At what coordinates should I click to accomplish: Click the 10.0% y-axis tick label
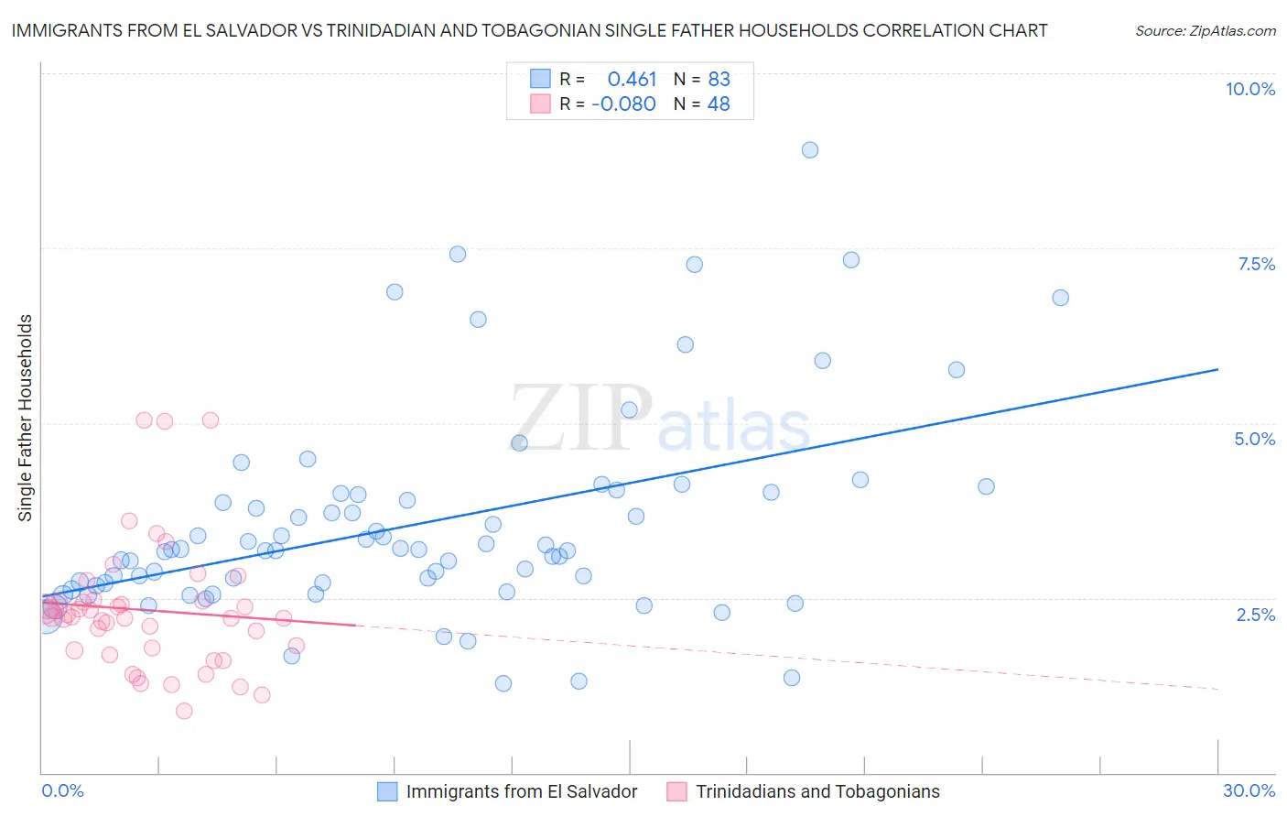coord(1249,89)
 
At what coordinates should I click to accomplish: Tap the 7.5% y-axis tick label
coord(1256,264)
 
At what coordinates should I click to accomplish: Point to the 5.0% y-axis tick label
coord(1254,439)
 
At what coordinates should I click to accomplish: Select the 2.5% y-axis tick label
coord(1255,615)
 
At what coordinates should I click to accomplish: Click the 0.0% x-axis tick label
coord(62,790)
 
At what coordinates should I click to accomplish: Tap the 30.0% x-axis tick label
coord(1249,790)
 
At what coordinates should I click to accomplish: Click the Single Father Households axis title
coord(26,418)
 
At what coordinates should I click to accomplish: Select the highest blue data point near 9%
coord(810,150)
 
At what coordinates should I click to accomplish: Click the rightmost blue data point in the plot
coord(1060,298)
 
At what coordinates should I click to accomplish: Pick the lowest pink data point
coord(184,711)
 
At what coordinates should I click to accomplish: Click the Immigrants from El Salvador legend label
coord(522,791)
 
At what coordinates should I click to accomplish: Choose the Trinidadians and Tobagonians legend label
coord(817,791)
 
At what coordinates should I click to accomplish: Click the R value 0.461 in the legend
coord(632,80)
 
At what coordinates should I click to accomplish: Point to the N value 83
coord(719,80)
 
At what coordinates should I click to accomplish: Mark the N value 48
coord(719,104)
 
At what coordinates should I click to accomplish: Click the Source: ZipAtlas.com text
coord(1205,31)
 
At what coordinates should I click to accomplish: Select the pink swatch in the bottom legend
coord(676,791)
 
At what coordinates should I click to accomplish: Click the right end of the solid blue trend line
coord(1217,369)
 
